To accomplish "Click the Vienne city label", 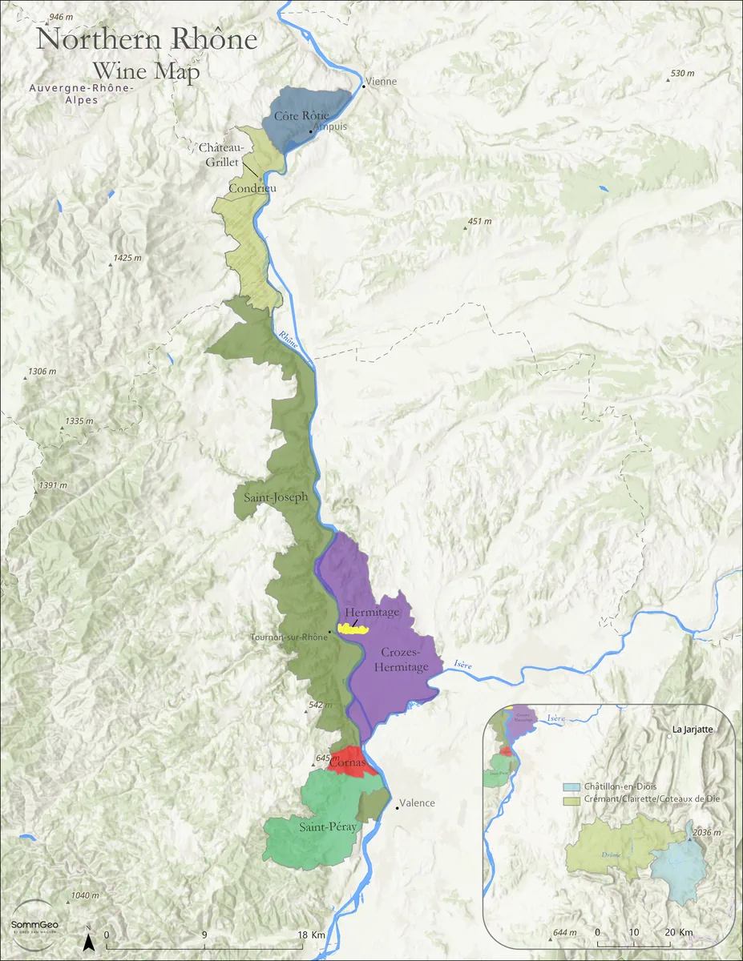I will pyautogui.click(x=382, y=82).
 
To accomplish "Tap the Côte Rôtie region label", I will pyautogui.click(x=301, y=116).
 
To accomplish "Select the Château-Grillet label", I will pyautogui.click(x=220, y=154).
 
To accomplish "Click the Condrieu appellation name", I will pyautogui.click(x=252, y=188).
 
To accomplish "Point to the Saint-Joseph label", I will pyautogui.click(x=275, y=497).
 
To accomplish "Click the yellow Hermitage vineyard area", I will pyautogui.click(x=351, y=629).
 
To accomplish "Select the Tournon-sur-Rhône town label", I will pyautogui.click(x=289, y=637).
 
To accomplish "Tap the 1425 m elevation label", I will pyautogui.click(x=127, y=258).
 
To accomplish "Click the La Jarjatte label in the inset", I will pyautogui.click(x=693, y=730).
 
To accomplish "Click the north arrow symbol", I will pyautogui.click(x=91, y=942).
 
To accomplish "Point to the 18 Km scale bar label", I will pyautogui.click(x=311, y=935).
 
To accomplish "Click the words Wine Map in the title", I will pyautogui.click(x=146, y=70).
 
